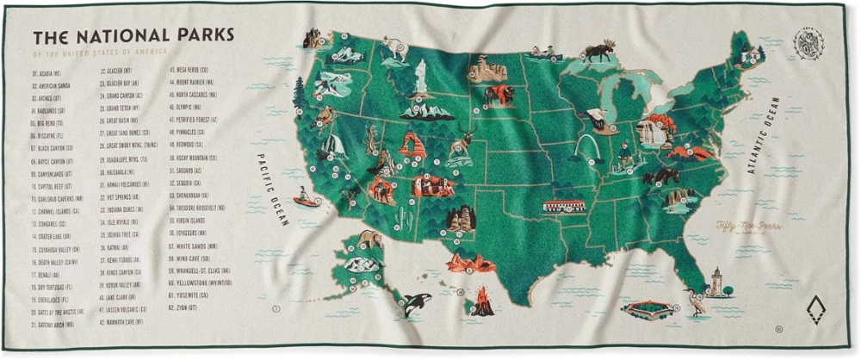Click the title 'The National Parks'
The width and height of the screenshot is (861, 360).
133,37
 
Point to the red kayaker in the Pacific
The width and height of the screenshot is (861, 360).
305,200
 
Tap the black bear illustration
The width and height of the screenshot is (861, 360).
661,177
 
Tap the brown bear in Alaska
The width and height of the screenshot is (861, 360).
370,239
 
